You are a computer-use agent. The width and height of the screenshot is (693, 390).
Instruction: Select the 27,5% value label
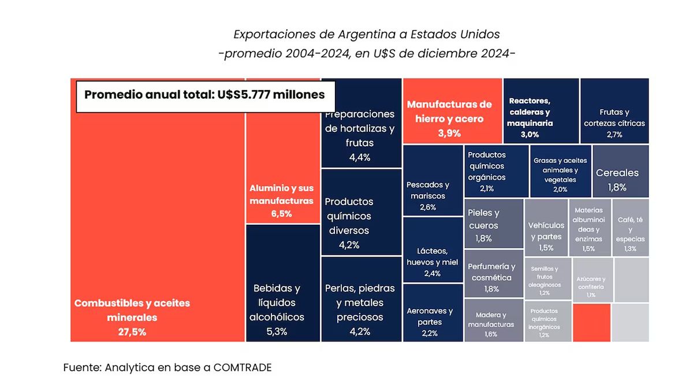click(132, 332)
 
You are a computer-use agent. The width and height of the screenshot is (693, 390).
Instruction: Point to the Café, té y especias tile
click(630, 228)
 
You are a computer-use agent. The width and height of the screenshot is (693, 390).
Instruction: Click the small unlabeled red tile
click(591, 322)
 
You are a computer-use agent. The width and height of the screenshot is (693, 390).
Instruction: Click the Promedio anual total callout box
click(205, 95)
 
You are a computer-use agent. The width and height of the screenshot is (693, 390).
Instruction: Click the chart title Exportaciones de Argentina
click(367, 34)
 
